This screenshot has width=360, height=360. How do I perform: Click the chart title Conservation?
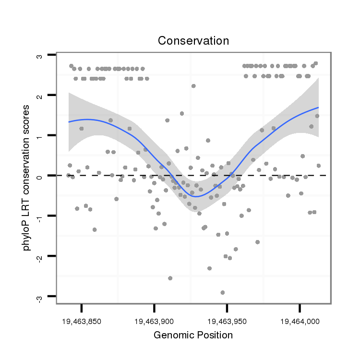point(193,41)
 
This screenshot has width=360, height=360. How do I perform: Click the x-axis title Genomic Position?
point(193,335)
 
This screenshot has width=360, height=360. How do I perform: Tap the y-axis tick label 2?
point(39,96)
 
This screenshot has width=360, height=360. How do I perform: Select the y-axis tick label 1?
point(39,136)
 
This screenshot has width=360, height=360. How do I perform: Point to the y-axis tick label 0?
point(39,176)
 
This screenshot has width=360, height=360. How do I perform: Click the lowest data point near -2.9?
point(223,292)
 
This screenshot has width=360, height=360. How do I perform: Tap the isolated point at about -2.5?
point(170,278)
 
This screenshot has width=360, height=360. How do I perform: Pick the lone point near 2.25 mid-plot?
point(193,86)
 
